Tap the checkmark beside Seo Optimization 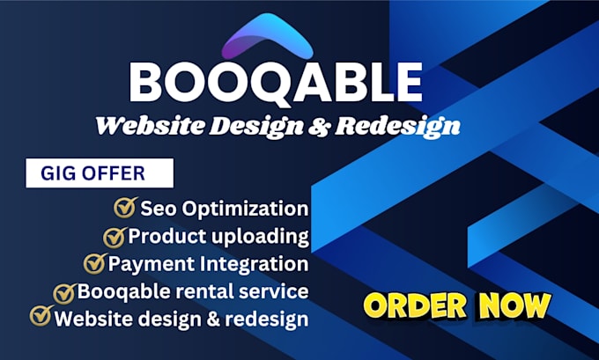click(124, 208)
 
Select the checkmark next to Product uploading click(114, 236)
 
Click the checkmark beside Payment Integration click(94, 263)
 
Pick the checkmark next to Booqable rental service click(64, 291)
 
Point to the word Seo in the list click(157, 209)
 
